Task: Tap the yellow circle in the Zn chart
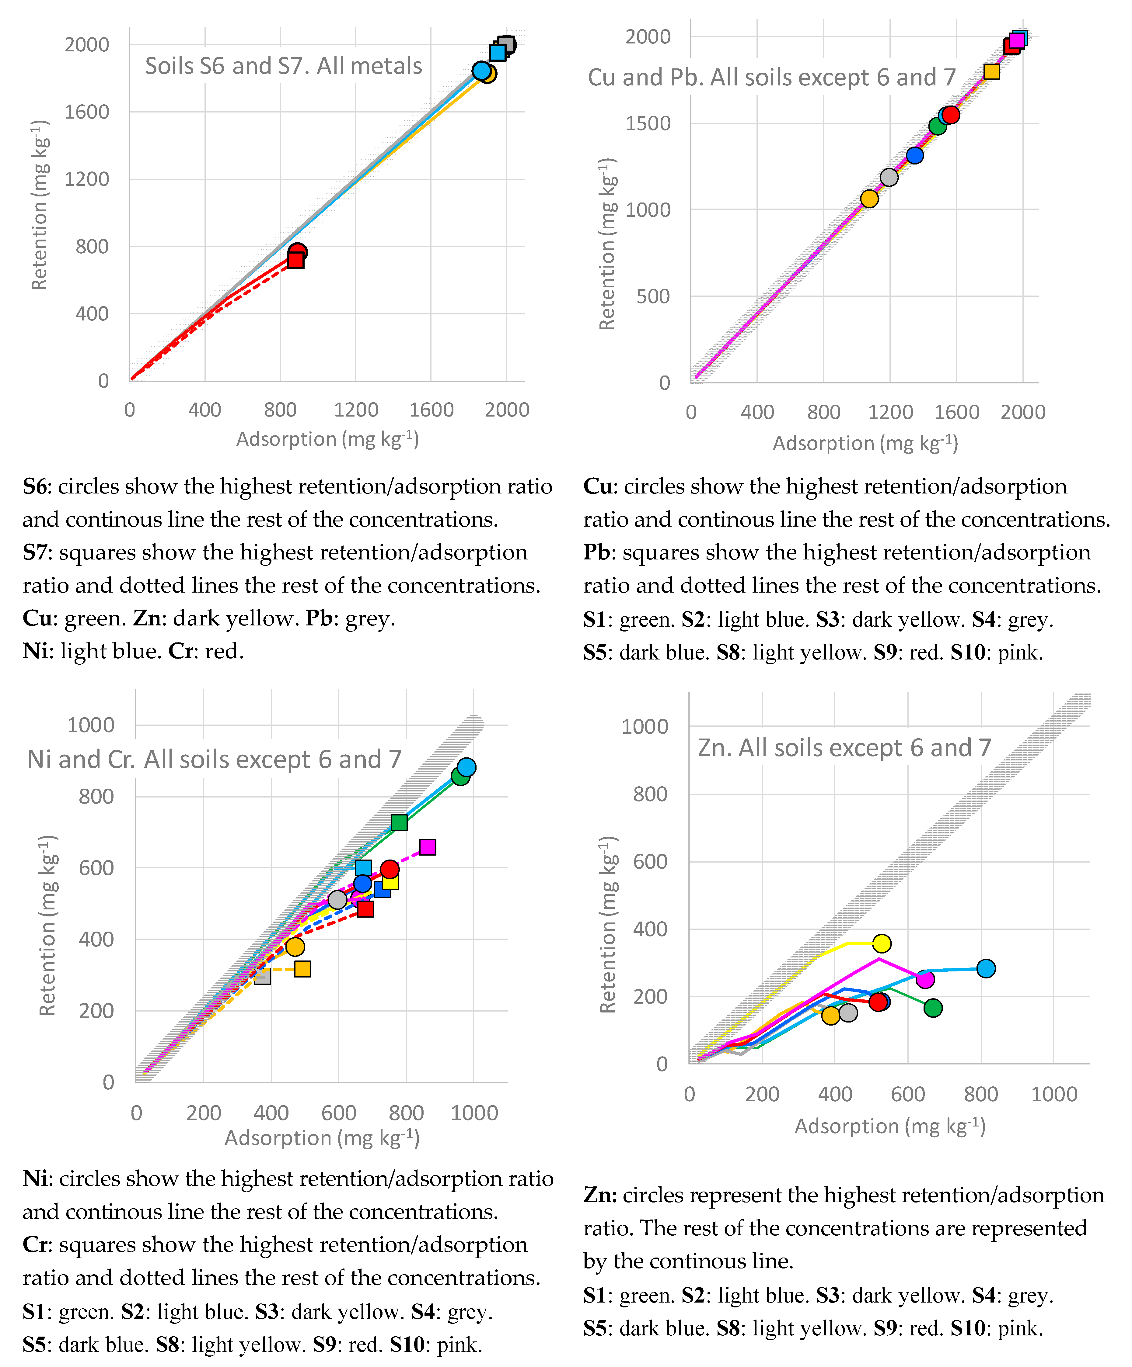(x=881, y=943)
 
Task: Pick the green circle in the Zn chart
(x=933, y=1008)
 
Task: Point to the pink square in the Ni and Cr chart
(x=427, y=847)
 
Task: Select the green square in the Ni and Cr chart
(x=399, y=823)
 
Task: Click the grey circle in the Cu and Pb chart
(x=888, y=177)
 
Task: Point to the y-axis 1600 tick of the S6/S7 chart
(x=87, y=112)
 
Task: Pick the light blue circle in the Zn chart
(x=985, y=969)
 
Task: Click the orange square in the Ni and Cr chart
(x=302, y=969)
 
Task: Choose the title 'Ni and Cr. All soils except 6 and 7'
(x=214, y=760)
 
